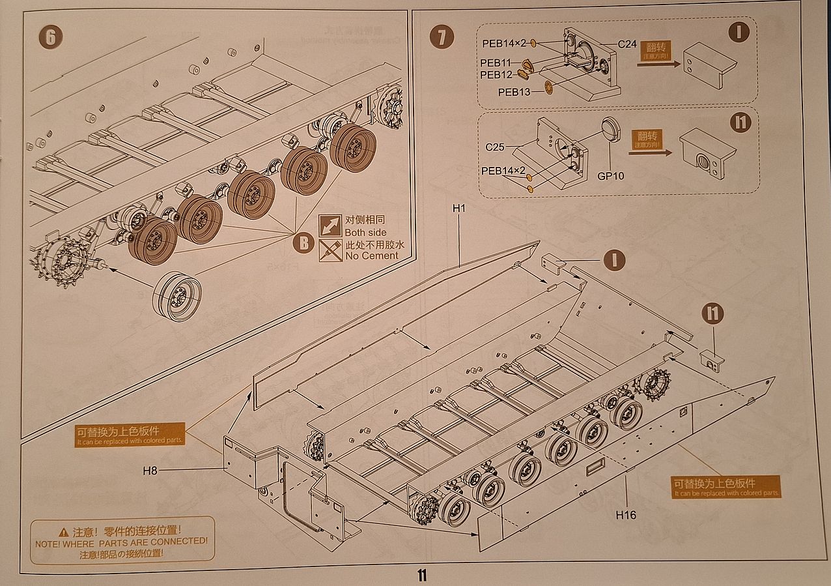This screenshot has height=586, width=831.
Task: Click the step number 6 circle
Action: (50, 37)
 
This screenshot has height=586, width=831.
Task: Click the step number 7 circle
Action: (442, 37)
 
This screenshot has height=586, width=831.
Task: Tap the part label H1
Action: (460, 208)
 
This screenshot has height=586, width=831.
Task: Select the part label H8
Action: (150, 469)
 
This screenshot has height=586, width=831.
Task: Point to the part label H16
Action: (626, 515)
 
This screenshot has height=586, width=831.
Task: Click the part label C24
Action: (627, 44)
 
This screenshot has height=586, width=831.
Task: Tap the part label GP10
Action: (610, 176)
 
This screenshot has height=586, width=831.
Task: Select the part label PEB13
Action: (514, 92)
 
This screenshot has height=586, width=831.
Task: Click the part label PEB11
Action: (496, 63)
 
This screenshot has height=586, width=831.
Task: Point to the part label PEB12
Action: (496, 75)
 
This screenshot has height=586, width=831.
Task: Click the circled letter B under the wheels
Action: (303, 244)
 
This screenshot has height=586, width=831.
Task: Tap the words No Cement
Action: (371, 256)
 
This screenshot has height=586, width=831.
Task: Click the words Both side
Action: (365, 233)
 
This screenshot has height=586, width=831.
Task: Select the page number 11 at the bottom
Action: (422, 576)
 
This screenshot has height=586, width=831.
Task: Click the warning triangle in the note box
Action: (63, 532)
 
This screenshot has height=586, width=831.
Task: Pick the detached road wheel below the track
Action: (177, 297)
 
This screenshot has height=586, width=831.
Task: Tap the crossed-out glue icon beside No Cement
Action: (330, 250)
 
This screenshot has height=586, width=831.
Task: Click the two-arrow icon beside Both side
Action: (330, 226)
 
